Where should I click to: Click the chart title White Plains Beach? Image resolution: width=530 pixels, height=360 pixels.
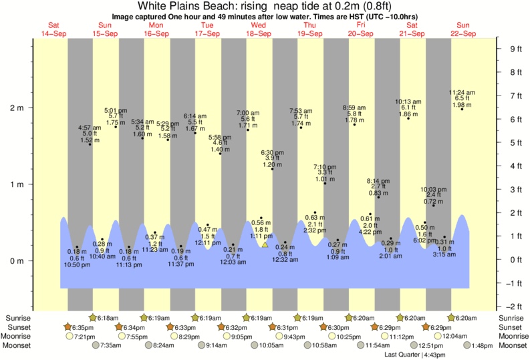point(265,6)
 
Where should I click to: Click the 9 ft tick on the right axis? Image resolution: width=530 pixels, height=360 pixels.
point(515,49)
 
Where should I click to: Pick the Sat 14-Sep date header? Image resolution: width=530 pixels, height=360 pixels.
point(54,29)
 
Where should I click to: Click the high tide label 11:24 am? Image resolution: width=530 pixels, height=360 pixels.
point(462,92)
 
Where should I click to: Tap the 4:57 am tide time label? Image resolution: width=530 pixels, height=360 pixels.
point(90,127)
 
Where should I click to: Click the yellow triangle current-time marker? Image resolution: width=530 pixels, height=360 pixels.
point(265,244)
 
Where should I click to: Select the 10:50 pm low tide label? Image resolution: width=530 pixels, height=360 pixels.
point(77,265)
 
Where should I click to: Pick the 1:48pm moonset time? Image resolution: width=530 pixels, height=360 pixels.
point(481,345)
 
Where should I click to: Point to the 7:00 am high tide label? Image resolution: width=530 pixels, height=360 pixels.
point(248,113)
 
